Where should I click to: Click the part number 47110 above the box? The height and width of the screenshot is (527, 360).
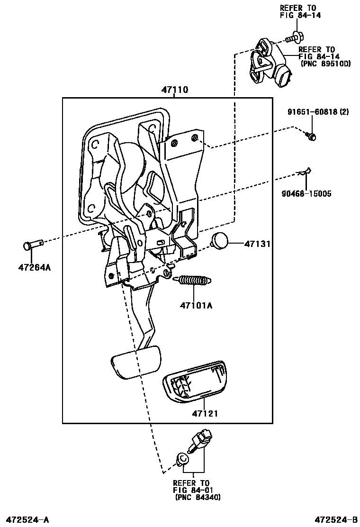click(174, 89)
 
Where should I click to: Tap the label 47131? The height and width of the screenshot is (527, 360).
click(257, 244)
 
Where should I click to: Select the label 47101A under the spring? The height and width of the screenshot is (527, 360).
click(196, 305)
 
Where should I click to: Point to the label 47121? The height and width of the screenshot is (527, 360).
click(205, 413)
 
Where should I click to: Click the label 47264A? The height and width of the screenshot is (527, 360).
click(34, 267)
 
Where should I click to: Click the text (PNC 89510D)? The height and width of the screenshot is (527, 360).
click(325, 63)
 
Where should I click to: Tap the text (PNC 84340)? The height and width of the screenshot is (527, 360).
click(198, 497)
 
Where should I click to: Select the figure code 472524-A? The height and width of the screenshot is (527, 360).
click(27, 520)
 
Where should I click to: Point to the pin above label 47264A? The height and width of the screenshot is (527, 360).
click(34, 245)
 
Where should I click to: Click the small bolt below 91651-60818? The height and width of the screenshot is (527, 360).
click(311, 136)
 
